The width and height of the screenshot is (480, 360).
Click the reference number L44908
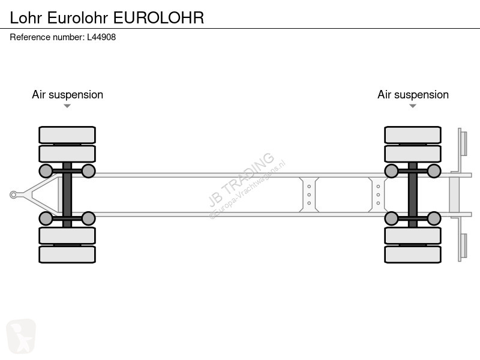(63, 37)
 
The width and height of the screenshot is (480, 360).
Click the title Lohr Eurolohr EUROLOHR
(107, 17)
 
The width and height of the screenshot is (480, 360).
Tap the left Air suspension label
(67, 95)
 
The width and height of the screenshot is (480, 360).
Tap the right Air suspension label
(413, 95)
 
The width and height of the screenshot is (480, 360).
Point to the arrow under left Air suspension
(67, 106)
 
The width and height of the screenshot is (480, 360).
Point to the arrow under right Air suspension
(413, 106)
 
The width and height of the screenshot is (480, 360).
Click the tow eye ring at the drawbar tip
(14, 194)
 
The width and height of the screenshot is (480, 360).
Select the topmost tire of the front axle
(67, 134)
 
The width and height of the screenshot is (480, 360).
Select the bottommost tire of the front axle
(67, 254)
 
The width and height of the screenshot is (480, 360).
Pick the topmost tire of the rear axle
(413, 134)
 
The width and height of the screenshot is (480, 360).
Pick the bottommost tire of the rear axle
(413, 254)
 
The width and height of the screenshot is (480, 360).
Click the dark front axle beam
(67, 194)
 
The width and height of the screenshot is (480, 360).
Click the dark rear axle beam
(413, 194)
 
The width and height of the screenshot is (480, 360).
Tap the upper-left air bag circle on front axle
(46, 172)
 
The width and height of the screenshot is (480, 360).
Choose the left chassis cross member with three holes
(309, 194)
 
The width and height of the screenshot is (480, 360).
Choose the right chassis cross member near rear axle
(379, 194)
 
